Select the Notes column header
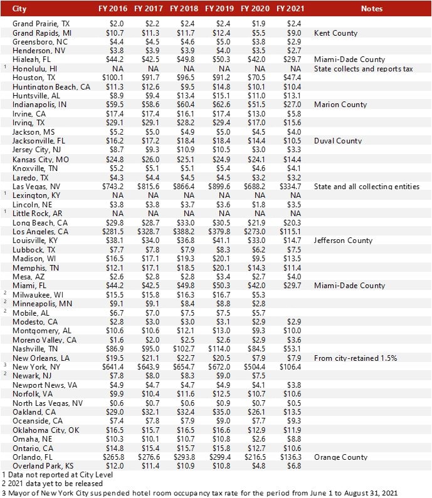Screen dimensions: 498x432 (371, 9)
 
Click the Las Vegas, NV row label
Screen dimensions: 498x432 (36, 187)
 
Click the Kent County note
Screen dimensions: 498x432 (335, 33)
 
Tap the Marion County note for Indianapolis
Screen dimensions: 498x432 (340, 105)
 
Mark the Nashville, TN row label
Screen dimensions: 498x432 (35, 348)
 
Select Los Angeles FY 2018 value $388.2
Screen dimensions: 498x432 (184, 231)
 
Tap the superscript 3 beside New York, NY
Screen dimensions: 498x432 (4, 365)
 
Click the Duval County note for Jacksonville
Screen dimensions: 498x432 (338, 141)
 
